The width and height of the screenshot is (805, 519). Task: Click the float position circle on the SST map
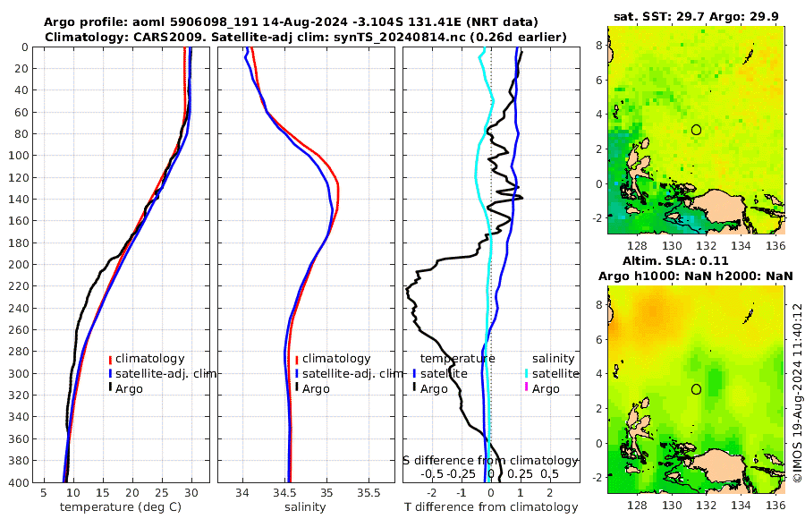click(x=697, y=130)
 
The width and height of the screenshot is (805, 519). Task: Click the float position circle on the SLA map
click(x=697, y=389)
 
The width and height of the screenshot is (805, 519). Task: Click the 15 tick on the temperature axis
click(x=103, y=492)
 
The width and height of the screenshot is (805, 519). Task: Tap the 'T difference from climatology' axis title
click(x=491, y=507)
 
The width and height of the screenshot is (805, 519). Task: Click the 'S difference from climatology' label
click(x=491, y=460)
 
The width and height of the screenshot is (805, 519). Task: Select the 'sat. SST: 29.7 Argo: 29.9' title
click(x=697, y=16)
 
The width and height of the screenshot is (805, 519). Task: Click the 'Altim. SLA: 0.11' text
click(x=697, y=259)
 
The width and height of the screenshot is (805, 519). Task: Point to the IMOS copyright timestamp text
click(x=796, y=394)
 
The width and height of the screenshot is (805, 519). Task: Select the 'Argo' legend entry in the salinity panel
click(x=316, y=388)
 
